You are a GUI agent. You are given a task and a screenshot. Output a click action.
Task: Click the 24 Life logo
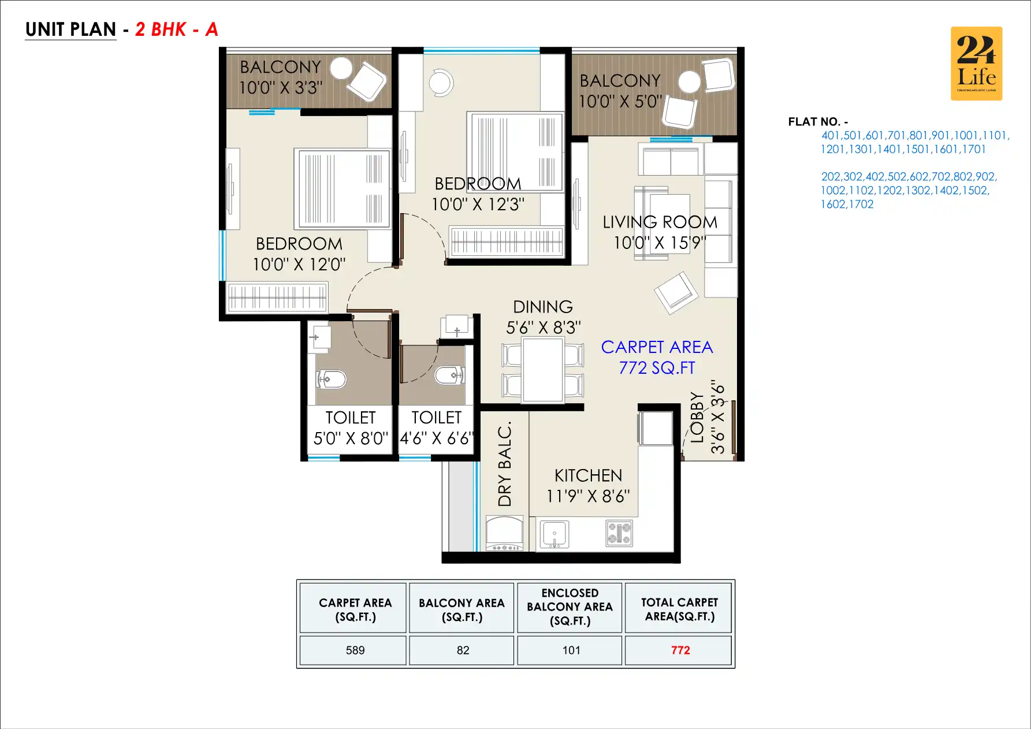(x=976, y=64)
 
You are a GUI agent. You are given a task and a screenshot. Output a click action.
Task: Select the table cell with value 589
(x=355, y=650)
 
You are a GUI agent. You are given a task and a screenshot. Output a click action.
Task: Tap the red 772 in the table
(x=680, y=650)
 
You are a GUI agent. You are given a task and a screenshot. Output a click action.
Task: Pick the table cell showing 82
(x=463, y=650)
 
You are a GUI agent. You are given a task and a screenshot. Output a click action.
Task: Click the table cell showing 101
(x=571, y=650)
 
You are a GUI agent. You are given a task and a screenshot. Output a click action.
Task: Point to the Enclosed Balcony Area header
(x=570, y=607)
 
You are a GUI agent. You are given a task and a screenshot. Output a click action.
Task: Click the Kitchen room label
(x=588, y=485)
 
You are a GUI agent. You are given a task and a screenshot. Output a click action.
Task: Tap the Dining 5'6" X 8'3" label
(x=543, y=317)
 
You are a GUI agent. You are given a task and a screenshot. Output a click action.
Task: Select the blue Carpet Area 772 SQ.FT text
(x=657, y=357)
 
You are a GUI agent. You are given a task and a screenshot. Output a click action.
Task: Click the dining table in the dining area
(x=543, y=370)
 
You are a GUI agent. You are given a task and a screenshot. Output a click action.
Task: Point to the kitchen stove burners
(x=619, y=533)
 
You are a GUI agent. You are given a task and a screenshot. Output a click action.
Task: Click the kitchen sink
(x=554, y=534)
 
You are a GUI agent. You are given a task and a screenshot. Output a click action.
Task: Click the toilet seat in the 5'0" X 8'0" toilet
(x=332, y=380)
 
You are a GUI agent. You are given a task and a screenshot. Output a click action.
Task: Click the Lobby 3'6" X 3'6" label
(x=707, y=417)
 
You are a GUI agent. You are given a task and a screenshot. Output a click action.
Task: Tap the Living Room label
(x=660, y=232)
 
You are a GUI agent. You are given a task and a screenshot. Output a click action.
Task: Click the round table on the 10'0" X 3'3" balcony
(x=341, y=68)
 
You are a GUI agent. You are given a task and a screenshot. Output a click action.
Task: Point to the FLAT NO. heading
(x=817, y=122)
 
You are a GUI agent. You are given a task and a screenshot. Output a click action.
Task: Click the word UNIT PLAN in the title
(x=70, y=29)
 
